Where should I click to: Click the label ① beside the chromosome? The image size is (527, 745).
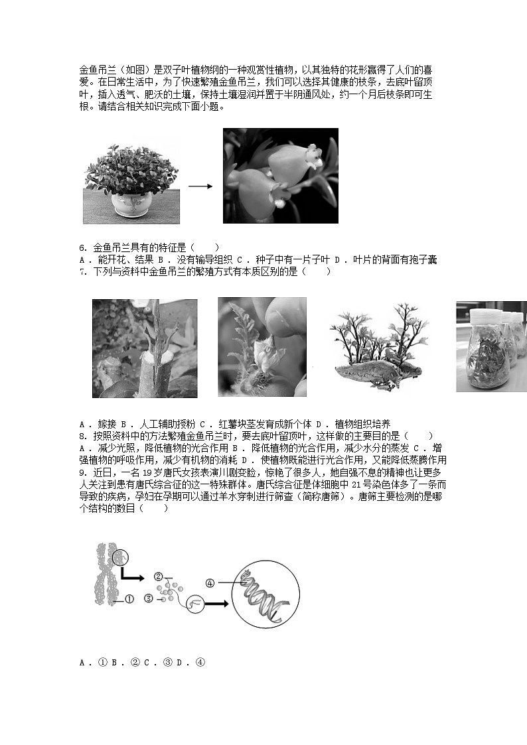click(x=129, y=598)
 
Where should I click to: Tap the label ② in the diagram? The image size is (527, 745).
click(x=158, y=576)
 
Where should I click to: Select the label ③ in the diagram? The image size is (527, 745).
click(x=149, y=598)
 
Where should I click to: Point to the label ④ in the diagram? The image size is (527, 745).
click(x=210, y=584)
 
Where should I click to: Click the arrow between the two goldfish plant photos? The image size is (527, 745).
click(x=200, y=186)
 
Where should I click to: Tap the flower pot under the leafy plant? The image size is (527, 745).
click(x=129, y=204)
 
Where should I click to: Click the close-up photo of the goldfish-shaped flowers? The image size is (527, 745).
click(x=280, y=175)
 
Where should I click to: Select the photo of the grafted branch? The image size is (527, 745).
click(x=144, y=348)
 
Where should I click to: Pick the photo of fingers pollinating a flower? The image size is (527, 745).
click(x=262, y=346)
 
